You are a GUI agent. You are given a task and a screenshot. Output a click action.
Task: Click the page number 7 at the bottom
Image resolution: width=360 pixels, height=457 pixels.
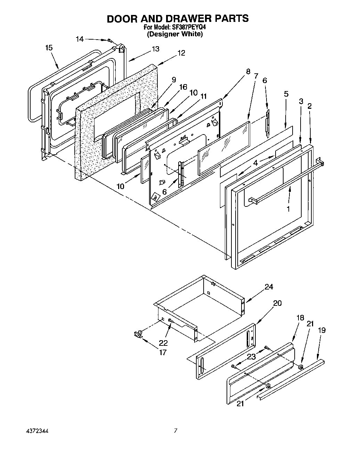click(x=176, y=431)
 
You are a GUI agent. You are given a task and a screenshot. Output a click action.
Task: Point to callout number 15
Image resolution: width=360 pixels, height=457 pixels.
click(x=49, y=48)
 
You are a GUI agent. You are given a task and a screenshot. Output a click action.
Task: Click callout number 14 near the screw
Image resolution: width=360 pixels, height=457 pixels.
click(x=80, y=39)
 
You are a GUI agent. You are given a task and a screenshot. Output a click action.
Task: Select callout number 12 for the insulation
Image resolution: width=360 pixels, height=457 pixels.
click(x=181, y=53)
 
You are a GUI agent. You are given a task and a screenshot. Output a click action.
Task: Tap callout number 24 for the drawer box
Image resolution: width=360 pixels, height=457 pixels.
click(x=269, y=287)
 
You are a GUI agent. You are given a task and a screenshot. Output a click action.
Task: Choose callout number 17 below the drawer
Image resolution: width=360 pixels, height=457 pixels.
click(x=162, y=352)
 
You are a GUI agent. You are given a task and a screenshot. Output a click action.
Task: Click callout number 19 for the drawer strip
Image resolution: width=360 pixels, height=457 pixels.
click(x=322, y=330)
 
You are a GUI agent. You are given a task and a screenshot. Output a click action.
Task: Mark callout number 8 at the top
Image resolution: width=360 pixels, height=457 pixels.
click(x=248, y=72)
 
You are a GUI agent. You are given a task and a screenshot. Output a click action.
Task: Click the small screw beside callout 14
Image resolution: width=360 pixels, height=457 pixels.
click(x=109, y=41)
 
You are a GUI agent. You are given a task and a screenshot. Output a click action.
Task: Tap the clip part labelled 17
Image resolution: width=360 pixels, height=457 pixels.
click(x=138, y=334)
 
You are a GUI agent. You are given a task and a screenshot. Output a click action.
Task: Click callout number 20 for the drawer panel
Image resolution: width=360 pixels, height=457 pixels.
click(x=277, y=303)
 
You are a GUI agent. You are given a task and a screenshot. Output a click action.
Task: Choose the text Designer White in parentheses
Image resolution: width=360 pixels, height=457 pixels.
click(x=174, y=34)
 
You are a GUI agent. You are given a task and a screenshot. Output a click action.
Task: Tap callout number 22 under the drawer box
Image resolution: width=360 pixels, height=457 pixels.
click(x=163, y=343)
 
